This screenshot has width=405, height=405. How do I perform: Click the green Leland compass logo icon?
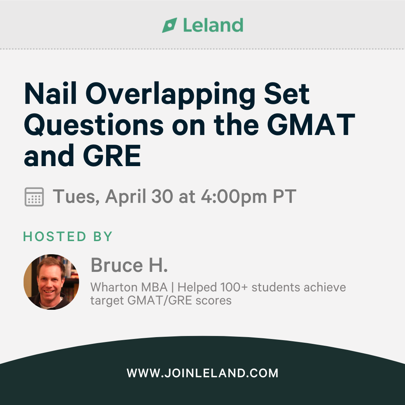tap(170, 25)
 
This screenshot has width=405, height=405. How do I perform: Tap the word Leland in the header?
tap(213, 25)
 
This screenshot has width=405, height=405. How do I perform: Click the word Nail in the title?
tap(50, 93)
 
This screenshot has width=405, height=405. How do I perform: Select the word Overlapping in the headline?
tap(171, 96)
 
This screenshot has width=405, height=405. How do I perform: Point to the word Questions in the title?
tap(94, 125)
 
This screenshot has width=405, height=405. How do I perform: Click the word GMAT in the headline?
tap(311, 124)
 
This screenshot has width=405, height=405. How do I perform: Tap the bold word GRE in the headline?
tap(112, 156)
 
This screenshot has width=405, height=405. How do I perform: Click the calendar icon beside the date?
tap(34, 197)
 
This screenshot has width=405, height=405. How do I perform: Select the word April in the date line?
tap(126, 197)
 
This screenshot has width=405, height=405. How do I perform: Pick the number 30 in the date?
tap(162, 196)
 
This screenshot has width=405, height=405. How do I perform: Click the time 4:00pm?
tap(234, 197)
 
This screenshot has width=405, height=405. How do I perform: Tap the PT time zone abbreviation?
tap(285, 196)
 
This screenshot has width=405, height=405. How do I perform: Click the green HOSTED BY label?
tap(67, 237)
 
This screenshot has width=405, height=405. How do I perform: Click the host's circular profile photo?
tap(51, 282)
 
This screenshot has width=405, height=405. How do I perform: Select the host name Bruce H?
tap(129, 265)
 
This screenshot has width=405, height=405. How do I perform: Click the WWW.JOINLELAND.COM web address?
tap(202, 373)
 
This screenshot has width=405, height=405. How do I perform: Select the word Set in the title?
tap(287, 93)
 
